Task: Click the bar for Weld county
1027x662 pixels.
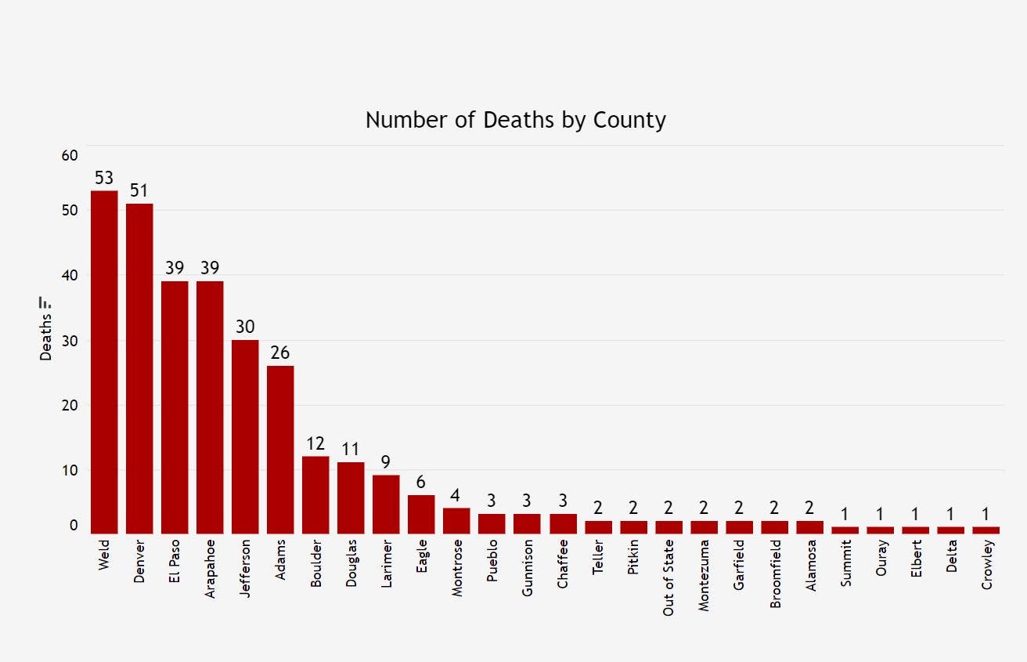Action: pyautogui.click(x=104, y=362)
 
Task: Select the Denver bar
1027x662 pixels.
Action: pyautogui.click(x=139, y=368)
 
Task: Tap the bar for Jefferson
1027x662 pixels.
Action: pyautogui.click(x=245, y=436)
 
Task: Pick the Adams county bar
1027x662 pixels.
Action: pyautogui.click(x=280, y=449)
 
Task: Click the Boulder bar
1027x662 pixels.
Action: pyautogui.click(x=315, y=494)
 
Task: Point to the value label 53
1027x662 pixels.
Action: pyautogui.click(x=104, y=178)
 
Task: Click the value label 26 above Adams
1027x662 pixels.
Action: pyautogui.click(x=280, y=353)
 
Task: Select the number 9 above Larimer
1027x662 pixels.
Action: pyautogui.click(x=386, y=462)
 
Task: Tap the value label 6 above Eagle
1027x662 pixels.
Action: pyautogui.click(x=421, y=482)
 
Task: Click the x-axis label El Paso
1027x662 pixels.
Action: pyautogui.click(x=175, y=565)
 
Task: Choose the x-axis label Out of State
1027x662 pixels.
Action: pyautogui.click(x=668, y=577)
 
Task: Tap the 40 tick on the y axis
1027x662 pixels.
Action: pyautogui.click(x=70, y=276)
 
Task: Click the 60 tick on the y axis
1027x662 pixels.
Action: pyautogui.click(x=70, y=155)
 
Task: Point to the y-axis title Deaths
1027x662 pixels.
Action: pyautogui.click(x=45, y=337)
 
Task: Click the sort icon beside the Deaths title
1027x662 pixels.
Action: pyautogui.click(x=45, y=302)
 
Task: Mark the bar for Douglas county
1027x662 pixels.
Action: pyautogui.click(x=351, y=497)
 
